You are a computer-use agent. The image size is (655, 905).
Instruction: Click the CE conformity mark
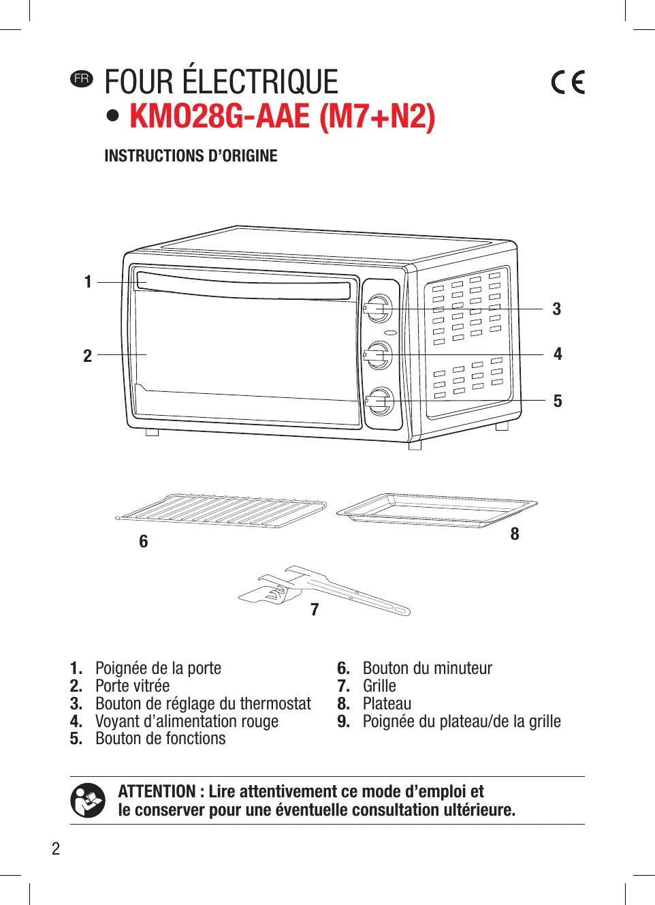568,82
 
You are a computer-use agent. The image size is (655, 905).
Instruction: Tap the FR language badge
81,78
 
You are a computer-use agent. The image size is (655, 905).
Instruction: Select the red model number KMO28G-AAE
219,116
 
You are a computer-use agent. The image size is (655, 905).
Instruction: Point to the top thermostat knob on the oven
379,309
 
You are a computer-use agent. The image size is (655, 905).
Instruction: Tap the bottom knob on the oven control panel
380,401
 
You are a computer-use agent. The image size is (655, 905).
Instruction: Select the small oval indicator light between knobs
390,333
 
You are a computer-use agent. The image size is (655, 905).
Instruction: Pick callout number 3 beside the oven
556,309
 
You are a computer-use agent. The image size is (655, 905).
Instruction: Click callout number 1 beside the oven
88,281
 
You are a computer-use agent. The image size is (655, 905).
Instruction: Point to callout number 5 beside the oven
558,401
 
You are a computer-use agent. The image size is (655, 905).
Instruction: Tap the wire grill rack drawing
221,510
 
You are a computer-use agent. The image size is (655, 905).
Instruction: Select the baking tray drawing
436,509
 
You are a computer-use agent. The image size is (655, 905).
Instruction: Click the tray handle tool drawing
324,589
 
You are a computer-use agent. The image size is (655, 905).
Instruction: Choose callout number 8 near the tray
515,534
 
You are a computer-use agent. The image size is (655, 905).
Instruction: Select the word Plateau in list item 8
387,703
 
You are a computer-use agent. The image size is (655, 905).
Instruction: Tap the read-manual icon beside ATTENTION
88,800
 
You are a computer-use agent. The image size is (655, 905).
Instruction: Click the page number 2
56,848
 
